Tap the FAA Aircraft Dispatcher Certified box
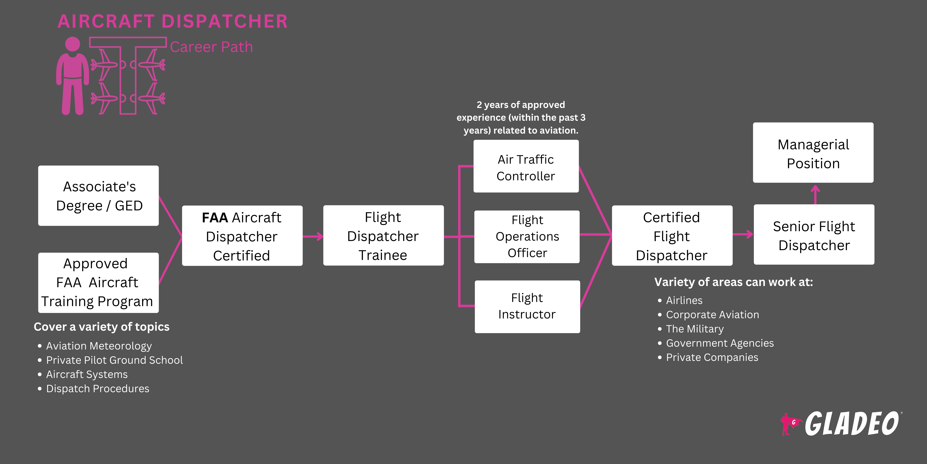pyautogui.click(x=242, y=236)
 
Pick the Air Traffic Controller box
pyautogui.click(x=526, y=166)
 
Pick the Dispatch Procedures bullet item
pyautogui.click(x=98, y=389)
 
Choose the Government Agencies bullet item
pyautogui.click(x=720, y=343)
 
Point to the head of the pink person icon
pyautogui.click(x=73, y=44)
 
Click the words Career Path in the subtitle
pyautogui.click(x=211, y=47)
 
